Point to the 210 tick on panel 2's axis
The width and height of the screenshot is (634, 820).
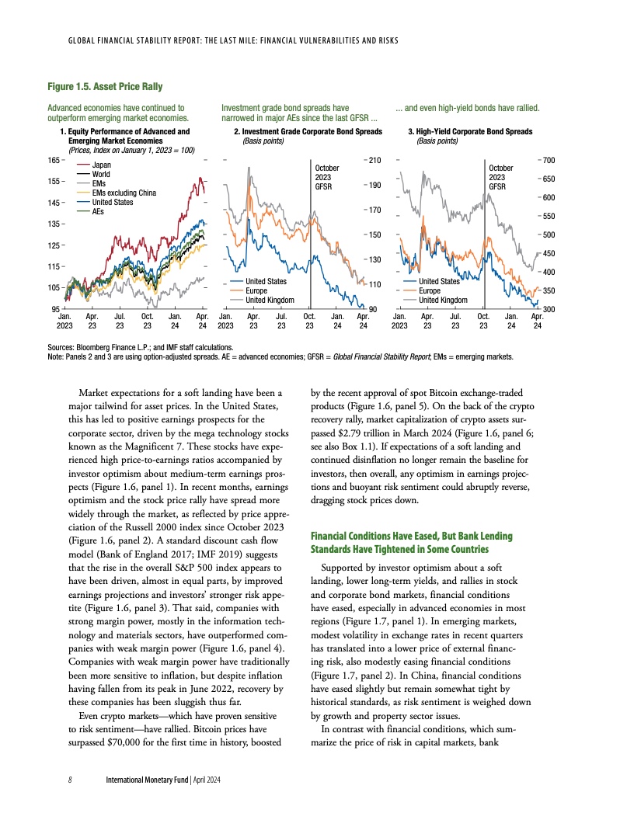(374, 160)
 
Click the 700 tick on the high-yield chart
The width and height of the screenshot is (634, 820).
(548, 160)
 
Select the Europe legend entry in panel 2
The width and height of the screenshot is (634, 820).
(256, 290)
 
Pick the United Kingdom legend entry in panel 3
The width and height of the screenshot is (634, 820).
(443, 300)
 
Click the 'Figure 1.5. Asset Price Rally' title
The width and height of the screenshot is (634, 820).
(105, 85)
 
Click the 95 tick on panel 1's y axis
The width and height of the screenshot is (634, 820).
(54, 309)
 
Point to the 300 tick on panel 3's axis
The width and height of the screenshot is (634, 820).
(548, 309)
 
